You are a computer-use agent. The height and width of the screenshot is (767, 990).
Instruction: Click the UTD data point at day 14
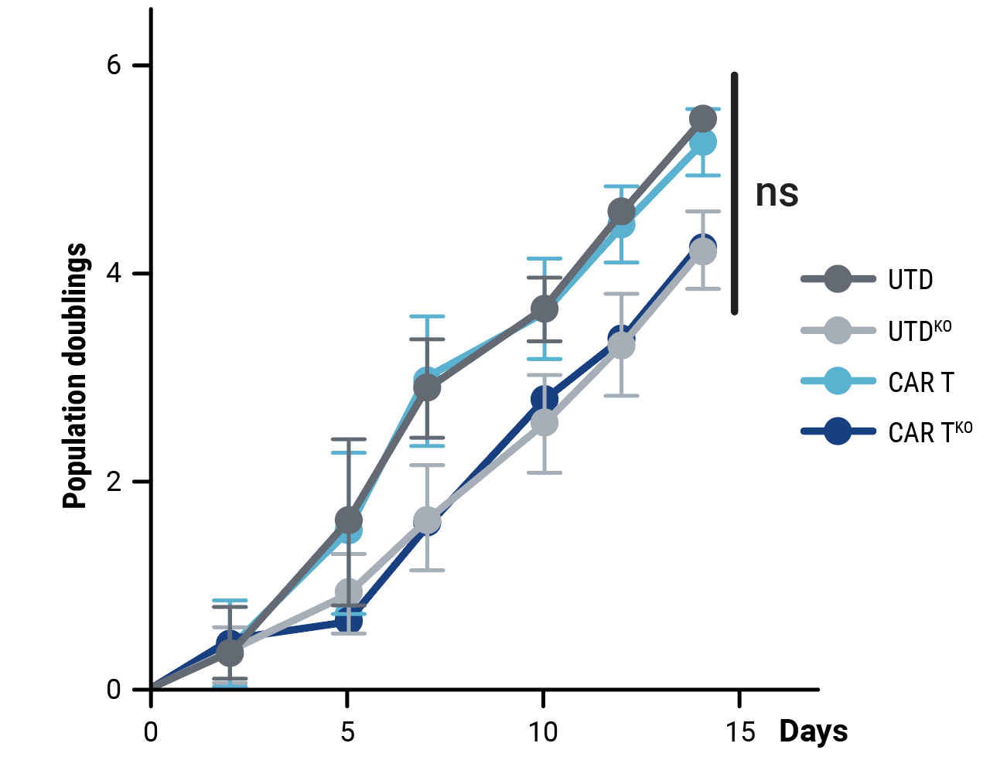coord(702,119)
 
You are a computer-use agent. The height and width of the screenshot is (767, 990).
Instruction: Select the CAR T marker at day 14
coord(702,142)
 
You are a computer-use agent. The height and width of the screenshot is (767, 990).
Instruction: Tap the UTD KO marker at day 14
coord(702,251)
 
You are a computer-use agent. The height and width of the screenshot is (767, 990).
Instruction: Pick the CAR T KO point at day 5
coord(349,620)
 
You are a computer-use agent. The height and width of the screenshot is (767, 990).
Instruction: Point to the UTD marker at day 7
coord(427,387)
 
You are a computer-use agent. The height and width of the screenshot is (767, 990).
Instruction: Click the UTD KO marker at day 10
coord(544,423)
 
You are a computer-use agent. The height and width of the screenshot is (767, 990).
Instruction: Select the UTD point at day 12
coord(622,211)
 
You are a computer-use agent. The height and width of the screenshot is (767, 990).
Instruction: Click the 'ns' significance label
coord(777,193)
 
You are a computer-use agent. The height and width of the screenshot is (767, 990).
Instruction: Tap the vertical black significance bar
coord(735,193)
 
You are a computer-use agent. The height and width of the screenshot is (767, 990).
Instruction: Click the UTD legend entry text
coord(910,280)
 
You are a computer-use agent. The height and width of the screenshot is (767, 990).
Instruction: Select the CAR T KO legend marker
coord(838,431)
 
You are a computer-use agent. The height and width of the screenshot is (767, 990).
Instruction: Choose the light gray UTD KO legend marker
coord(838,330)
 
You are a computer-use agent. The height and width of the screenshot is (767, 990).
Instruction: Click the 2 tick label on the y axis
coord(114,482)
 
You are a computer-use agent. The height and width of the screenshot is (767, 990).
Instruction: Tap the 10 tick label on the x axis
coord(543,731)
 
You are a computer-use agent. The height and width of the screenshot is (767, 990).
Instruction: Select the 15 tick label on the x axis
coord(740,731)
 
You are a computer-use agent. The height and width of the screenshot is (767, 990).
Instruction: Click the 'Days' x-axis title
coord(814,731)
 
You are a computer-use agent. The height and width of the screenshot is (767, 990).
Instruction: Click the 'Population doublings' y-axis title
coord(75,376)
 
